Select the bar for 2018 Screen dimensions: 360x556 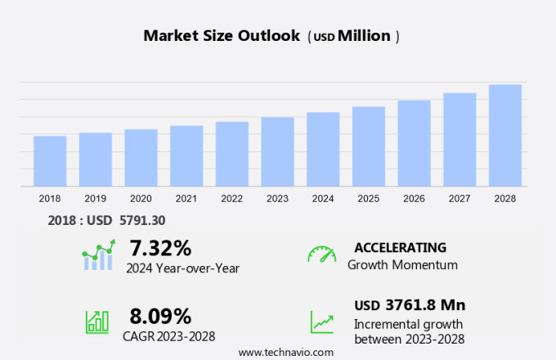50,161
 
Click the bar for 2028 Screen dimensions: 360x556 505,136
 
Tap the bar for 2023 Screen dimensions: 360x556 277,152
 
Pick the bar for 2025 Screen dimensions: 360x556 369,146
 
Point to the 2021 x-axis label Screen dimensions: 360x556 186,199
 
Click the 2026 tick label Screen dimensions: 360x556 414,199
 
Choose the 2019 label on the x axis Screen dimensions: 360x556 95,199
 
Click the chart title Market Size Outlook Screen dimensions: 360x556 222,36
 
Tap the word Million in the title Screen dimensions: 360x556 364,36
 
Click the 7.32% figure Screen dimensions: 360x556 160,247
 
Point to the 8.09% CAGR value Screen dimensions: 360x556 160,316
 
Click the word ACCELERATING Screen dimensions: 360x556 400,247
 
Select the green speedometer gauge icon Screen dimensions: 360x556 321,254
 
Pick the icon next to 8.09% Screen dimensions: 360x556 97,321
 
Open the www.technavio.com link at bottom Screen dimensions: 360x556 285,352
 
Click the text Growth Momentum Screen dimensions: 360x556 402,265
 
